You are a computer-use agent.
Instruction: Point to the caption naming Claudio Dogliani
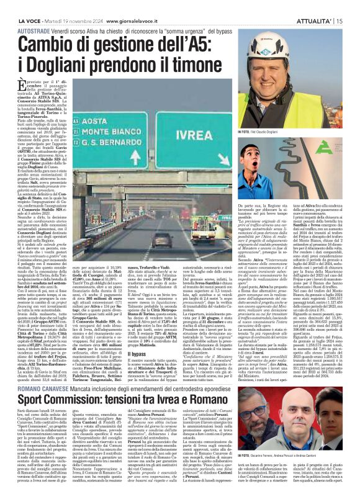point(274,132)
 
